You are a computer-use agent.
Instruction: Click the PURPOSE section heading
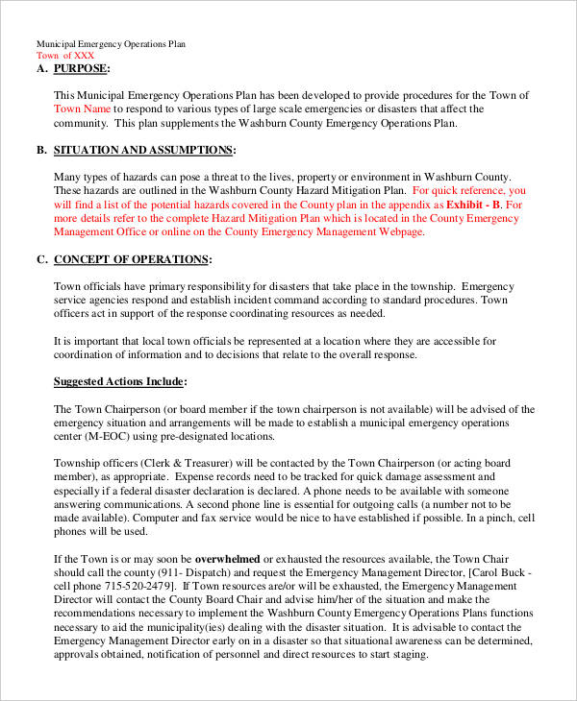click(81, 69)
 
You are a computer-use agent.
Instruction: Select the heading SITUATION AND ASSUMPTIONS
click(144, 151)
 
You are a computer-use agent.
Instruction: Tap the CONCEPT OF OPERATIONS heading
click(132, 259)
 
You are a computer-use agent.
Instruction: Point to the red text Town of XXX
click(65, 56)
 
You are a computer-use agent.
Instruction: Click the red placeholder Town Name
click(82, 109)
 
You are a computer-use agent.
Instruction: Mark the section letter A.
click(41, 69)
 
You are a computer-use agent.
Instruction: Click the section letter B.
click(41, 151)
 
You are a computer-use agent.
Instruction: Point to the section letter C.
click(41, 259)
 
